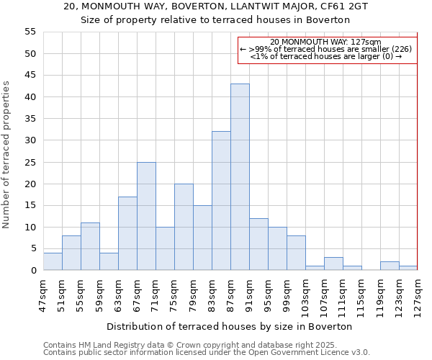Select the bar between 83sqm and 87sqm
click(221, 201)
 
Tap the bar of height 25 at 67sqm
click(146, 216)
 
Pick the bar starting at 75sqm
click(184, 227)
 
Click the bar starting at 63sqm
click(127, 233)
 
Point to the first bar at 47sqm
click(53, 262)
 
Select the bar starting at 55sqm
click(90, 246)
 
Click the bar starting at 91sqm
click(258, 244)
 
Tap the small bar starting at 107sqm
click(333, 264)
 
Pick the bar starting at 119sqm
click(390, 266)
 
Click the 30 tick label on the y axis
click(30, 140)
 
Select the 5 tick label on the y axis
click(32, 248)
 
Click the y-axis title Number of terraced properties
click(6, 155)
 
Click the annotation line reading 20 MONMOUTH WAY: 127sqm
click(326, 42)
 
